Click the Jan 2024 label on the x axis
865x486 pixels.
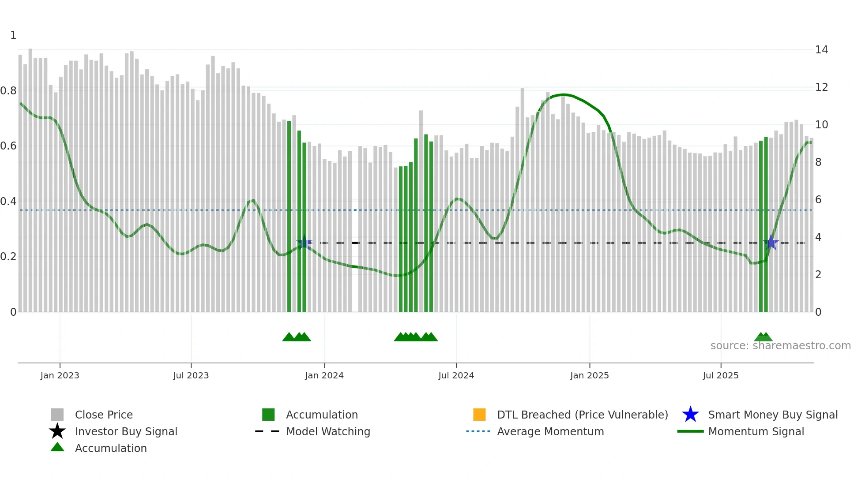[324, 375]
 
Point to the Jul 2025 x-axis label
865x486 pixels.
[720, 375]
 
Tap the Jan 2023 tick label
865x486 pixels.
[60, 375]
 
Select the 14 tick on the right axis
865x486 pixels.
[821, 50]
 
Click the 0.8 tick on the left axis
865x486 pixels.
[8, 91]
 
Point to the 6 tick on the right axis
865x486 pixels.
[818, 200]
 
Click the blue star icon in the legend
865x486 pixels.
[690, 415]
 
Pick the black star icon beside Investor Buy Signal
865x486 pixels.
[57, 431]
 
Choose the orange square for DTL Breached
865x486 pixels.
[479, 415]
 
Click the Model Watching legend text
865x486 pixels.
[328, 431]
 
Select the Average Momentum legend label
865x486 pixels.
[550, 431]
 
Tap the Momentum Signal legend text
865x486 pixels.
[756, 431]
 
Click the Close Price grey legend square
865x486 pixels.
[57, 415]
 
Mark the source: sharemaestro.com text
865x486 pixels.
[780, 346]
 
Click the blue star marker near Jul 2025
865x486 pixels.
[771, 243]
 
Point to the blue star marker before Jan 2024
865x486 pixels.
[304, 243]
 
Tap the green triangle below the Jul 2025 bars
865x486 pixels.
[763, 337]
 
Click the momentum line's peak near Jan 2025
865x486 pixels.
[563, 94]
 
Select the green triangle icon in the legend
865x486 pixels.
[57, 447]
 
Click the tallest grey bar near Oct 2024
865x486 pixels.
[523, 198]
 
